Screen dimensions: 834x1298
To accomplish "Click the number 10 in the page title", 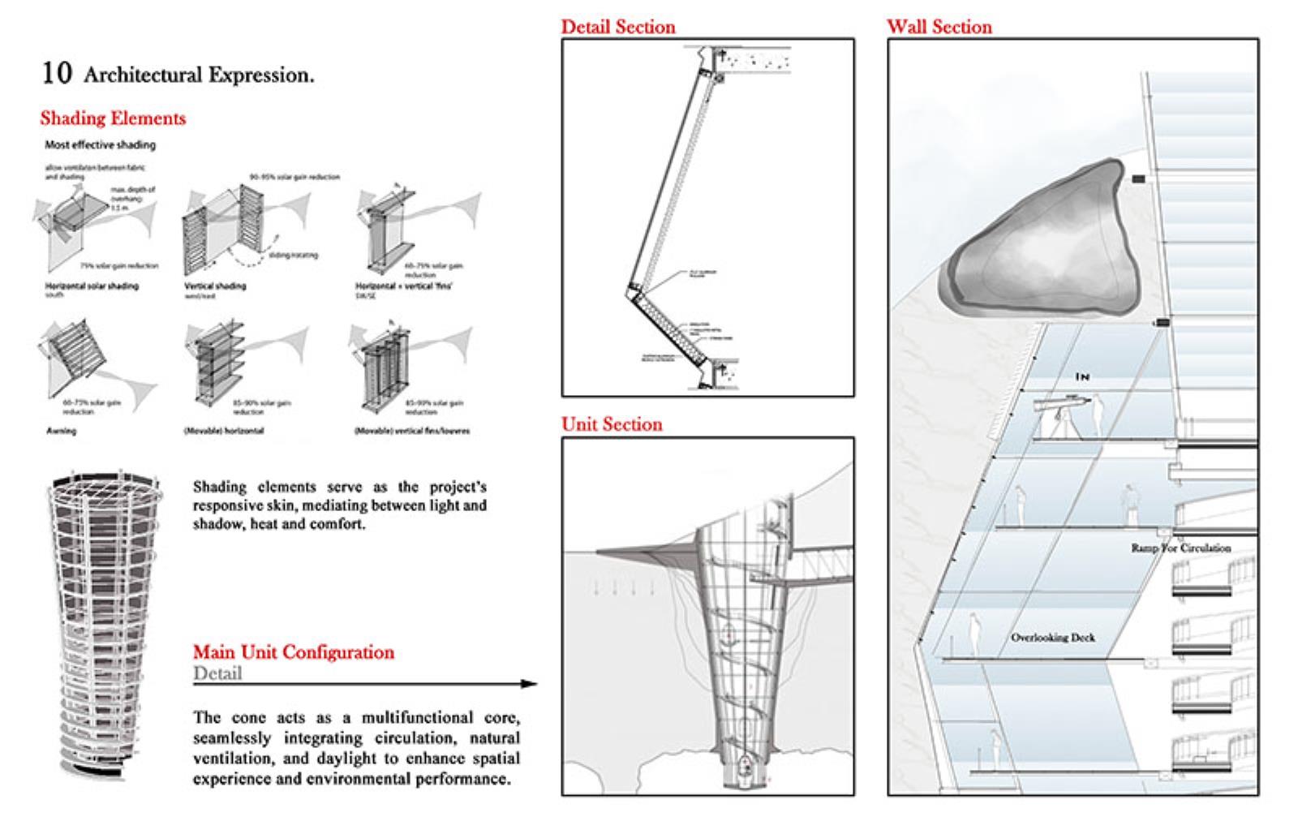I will [x=56, y=73].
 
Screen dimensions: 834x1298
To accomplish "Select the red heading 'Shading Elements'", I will [x=113, y=118].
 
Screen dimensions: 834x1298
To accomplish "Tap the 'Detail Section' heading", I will [x=617, y=27].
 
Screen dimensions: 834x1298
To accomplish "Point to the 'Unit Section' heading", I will [x=612, y=424].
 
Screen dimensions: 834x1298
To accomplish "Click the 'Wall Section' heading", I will [x=939, y=27].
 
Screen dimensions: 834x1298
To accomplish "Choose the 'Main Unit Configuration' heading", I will [x=293, y=652].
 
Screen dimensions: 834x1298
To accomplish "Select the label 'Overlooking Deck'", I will [x=1052, y=638].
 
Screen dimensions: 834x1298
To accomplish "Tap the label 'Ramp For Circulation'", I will [x=1180, y=548].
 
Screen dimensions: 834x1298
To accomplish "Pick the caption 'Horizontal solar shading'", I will [x=91, y=286].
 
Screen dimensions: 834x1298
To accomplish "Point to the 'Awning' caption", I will [x=61, y=431].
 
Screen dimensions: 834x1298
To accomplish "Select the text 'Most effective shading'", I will [x=100, y=145].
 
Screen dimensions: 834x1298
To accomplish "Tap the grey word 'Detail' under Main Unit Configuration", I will [x=217, y=673].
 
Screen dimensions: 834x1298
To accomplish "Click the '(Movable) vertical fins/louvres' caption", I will [x=411, y=431].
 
